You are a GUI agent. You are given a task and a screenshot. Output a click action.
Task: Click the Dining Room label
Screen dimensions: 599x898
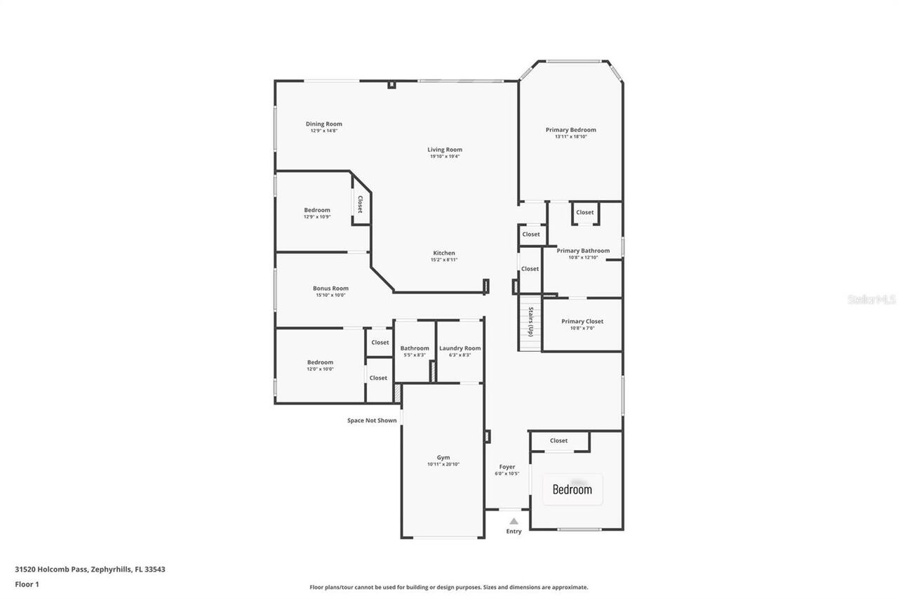pyautogui.click(x=323, y=124)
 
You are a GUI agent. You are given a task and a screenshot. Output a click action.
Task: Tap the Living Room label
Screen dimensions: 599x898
pyautogui.click(x=445, y=150)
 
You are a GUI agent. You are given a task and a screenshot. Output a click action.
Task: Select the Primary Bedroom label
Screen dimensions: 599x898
pyautogui.click(x=570, y=130)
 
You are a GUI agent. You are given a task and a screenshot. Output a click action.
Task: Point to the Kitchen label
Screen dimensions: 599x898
pyautogui.click(x=443, y=254)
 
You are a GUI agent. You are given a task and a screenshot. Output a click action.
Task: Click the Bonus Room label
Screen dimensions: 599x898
pyautogui.click(x=330, y=289)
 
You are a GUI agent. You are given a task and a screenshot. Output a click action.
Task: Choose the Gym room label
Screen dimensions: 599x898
pyautogui.click(x=443, y=457)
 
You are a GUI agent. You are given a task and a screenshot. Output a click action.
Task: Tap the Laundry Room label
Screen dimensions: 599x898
pyautogui.click(x=460, y=348)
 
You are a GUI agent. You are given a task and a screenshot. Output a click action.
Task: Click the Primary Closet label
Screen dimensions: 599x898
pyautogui.click(x=582, y=322)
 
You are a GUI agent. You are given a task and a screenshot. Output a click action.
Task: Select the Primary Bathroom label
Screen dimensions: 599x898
pyautogui.click(x=583, y=251)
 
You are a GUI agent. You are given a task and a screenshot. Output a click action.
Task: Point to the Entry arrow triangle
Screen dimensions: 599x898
pyautogui.click(x=514, y=521)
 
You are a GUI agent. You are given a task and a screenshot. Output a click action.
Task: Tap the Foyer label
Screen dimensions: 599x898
pyautogui.click(x=507, y=467)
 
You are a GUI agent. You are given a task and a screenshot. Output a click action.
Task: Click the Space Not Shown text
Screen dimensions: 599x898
pyautogui.click(x=372, y=421)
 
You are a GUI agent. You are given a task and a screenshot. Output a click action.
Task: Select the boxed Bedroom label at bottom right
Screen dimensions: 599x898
pyautogui.click(x=572, y=489)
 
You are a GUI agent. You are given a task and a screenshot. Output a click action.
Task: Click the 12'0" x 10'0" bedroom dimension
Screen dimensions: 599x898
pyautogui.click(x=320, y=369)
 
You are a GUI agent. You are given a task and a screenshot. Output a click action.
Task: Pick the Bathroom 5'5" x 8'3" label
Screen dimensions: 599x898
pyautogui.click(x=415, y=348)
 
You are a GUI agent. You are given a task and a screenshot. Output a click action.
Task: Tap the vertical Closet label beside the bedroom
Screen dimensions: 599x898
pyautogui.click(x=360, y=204)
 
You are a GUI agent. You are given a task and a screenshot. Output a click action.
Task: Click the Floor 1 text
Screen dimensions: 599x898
pyautogui.click(x=27, y=584)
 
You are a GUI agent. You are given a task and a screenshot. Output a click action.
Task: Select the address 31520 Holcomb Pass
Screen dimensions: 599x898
pyautogui.click(x=90, y=570)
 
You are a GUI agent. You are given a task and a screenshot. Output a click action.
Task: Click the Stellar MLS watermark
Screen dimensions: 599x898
pyautogui.click(x=871, y=299)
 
